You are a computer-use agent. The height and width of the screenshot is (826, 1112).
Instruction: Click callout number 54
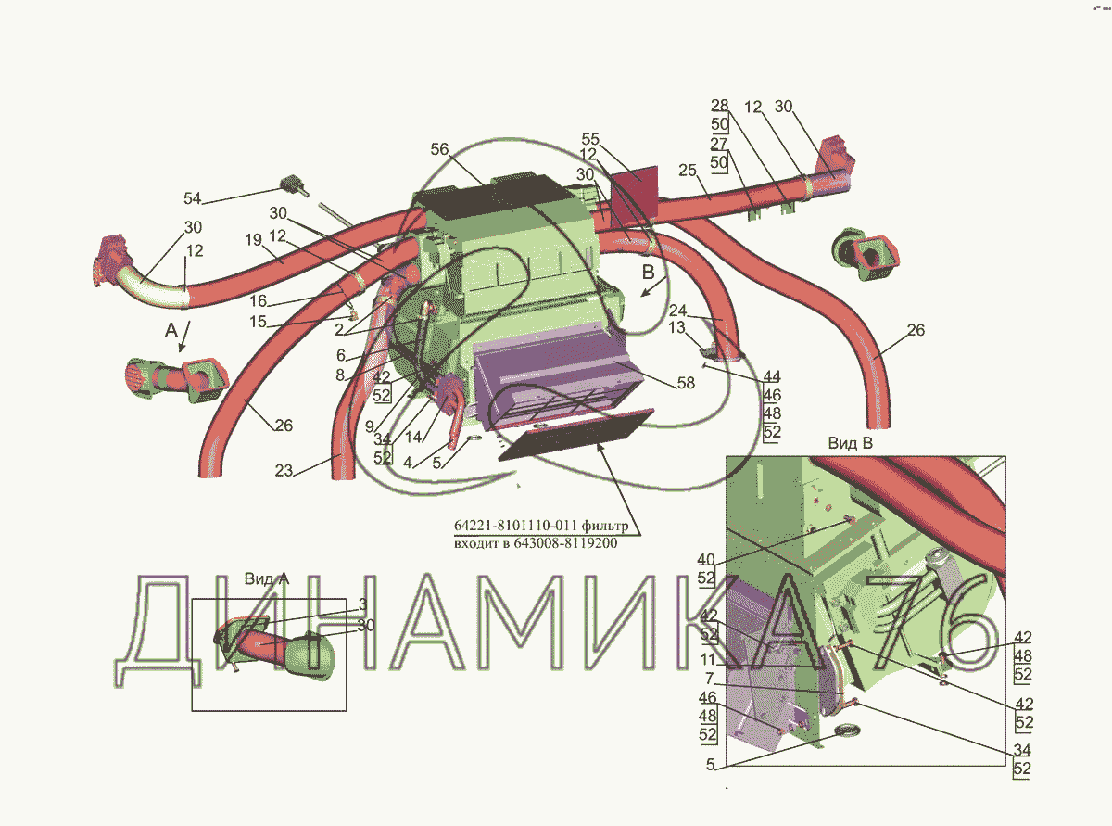pos(192,198)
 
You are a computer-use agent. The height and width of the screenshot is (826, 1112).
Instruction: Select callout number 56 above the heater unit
pos(439,149)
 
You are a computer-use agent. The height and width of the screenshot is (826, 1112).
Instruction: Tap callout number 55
pos(590,138)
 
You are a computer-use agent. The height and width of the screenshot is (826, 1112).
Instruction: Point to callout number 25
pos(688,171)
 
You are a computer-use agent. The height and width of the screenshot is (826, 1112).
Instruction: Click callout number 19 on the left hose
pos(254,240)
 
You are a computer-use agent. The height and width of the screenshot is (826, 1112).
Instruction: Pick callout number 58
pos(686,383)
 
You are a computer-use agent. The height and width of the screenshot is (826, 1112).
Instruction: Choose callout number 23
pos(284,470)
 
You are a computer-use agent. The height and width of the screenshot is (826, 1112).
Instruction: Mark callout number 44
pos(772,376)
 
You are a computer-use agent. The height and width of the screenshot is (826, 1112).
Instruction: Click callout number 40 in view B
pos(706,559)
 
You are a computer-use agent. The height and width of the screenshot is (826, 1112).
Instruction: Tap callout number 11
pos(708,659)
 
